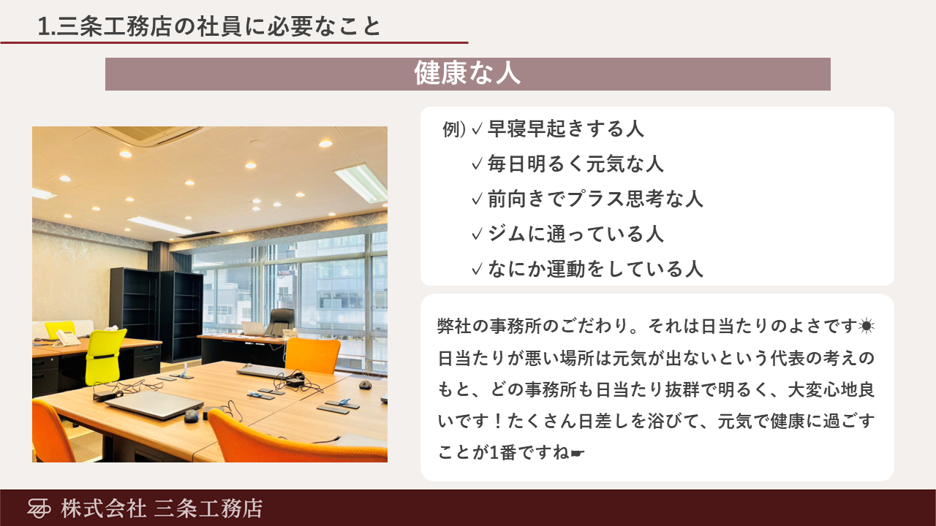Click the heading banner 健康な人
(x=467, y=74)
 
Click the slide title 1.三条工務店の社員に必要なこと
(x=209, y=26)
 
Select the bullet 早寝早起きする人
(x=566, y=129)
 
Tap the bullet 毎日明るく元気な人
(x=575, y=164)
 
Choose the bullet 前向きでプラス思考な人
(x=595, y=199)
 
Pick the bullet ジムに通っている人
(x=575, y=234)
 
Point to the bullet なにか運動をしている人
(x=595, y=269)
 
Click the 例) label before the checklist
(x=454, y=129)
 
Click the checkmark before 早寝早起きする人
(x=478, y=129)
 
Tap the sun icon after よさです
(x=867, y=326)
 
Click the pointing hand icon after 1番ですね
(x=577, y=453)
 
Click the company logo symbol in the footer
(x=39, y=508)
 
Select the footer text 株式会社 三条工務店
(x=162, y=508)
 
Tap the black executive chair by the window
(x=281, y=322)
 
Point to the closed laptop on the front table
(x=154, y=404)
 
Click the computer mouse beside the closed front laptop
(x=191, y=416)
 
